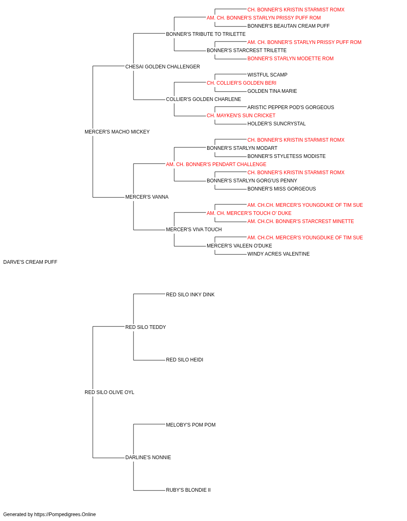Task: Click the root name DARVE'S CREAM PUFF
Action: point(30,262)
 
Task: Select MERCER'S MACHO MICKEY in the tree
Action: point(117,131)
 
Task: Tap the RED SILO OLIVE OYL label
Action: point(109,392)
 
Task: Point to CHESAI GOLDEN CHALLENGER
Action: point(162,67)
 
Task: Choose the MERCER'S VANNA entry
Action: point(147,197)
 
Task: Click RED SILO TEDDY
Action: point(145,327)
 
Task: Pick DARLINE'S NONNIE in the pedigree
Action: point(148,458)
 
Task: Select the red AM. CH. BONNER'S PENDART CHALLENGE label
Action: point(216,164)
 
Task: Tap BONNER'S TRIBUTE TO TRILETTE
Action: point(206,34)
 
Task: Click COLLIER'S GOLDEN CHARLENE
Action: point(203,99)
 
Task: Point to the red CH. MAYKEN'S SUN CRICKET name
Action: point(241,116)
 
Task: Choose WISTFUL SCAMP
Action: point(267,75)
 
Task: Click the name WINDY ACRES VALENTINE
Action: point(278,254)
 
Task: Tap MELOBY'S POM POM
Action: point(190,425)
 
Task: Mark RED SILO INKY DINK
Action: point(190,294)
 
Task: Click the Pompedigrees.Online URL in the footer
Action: point(65,514)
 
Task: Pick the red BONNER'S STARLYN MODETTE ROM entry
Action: point(291,59)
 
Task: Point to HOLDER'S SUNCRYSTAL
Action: point(276,124)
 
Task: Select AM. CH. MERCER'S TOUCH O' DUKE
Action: point(249,213)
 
